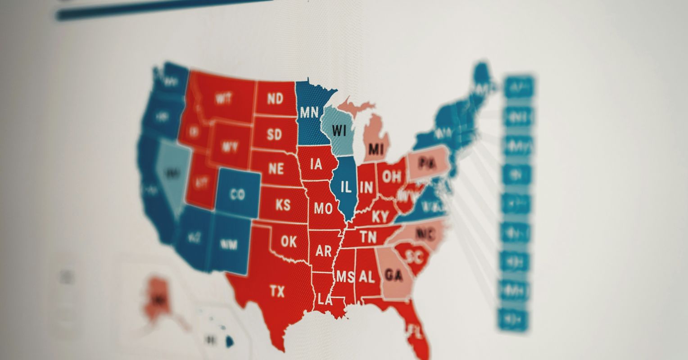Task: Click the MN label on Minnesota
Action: point(309,112)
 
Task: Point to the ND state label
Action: point(275,99)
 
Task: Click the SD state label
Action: point(274,134)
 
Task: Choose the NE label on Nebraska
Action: point(276,169)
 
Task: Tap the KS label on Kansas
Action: point(283,205)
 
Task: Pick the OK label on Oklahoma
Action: point(289,242)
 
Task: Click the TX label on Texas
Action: point(277,292)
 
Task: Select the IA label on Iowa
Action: point(317,164)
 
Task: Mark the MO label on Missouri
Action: point(323,208)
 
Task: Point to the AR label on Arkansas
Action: point(323,251)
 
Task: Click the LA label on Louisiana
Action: point(325,299)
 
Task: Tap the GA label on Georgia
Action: point(394,275)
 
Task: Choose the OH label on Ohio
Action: point(391,176)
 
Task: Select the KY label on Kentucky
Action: point(380,217)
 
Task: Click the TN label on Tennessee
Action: point(368,237)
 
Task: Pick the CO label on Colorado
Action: point(237,194)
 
